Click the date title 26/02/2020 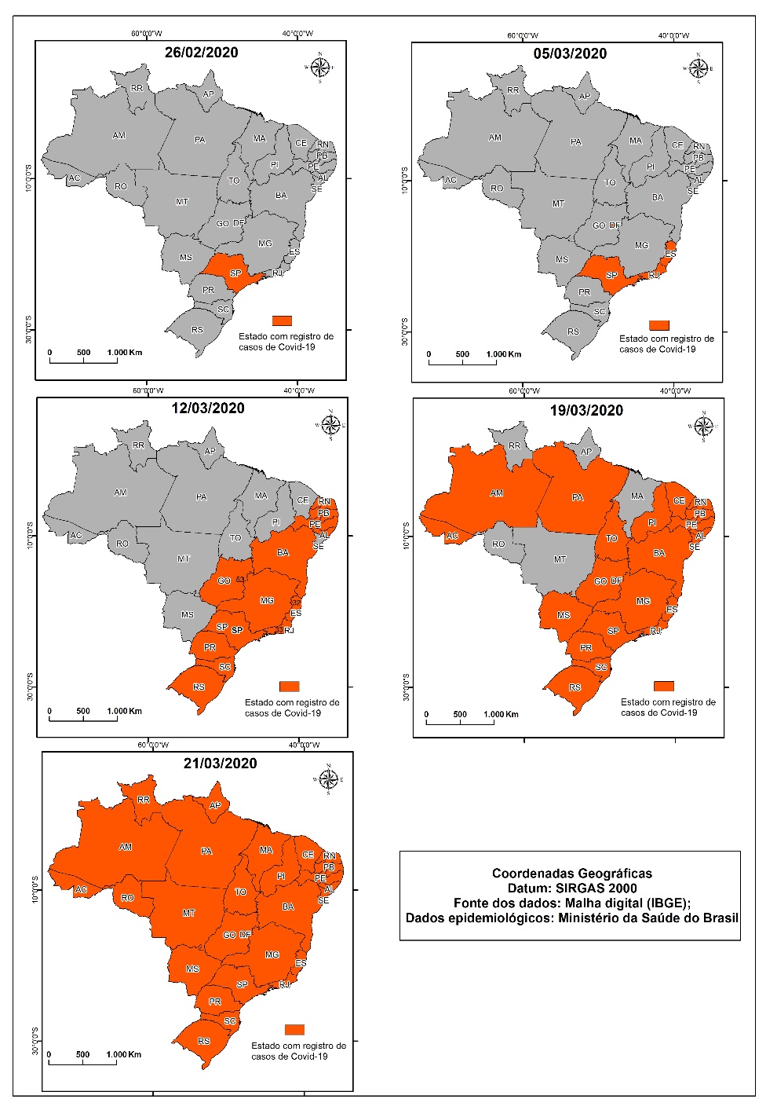[x=201, y=53]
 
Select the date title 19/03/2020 [x=585, y=410]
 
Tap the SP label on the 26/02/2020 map [x=235, y=273]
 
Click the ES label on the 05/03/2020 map [x=670, y=254]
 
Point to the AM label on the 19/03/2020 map [x=496, y=493]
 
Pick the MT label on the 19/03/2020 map [x=560, y=559]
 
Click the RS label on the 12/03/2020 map [x=199, y=687]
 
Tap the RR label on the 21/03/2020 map [x=143, y=800]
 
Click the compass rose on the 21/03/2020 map [x=330, y=779]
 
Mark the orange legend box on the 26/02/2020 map [x=282, y=321]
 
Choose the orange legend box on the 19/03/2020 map [x=664, y=686]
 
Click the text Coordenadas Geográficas [x=571, y=873]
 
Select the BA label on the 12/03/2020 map [x=283, y=552]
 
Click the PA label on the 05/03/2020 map [x=576, y=142]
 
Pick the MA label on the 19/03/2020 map [x=637, y=496]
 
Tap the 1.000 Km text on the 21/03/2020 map [x=124, y=1054]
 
